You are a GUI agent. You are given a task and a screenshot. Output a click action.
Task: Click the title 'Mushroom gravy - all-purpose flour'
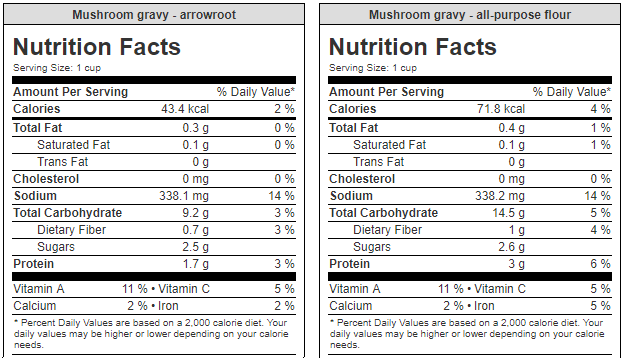(469, 15)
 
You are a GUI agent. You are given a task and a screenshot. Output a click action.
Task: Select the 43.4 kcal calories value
(184, 109)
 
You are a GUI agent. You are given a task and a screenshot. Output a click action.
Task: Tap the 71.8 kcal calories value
(500, 109)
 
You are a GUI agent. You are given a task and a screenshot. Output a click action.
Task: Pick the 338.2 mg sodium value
(501, 196)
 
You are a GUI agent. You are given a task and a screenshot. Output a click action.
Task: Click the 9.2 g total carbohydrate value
(193, 213)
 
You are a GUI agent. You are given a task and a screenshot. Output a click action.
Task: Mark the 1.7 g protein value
(193, 264)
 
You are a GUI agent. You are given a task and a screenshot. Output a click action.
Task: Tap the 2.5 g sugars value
(193, 247)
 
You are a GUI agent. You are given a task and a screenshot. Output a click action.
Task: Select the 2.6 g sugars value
(509, 247)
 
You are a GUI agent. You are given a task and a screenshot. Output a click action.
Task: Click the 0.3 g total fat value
(193, 128)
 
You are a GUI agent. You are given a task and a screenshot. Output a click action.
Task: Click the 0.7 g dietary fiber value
(193, 230)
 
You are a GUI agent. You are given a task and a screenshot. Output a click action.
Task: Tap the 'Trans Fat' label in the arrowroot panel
(63, 162)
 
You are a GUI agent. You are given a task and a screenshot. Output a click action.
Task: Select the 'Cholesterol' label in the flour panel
(365, 179)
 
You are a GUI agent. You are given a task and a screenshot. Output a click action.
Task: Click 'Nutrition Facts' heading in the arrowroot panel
(97, 47)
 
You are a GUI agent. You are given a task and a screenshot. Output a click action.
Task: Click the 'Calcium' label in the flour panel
(351, 306)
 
